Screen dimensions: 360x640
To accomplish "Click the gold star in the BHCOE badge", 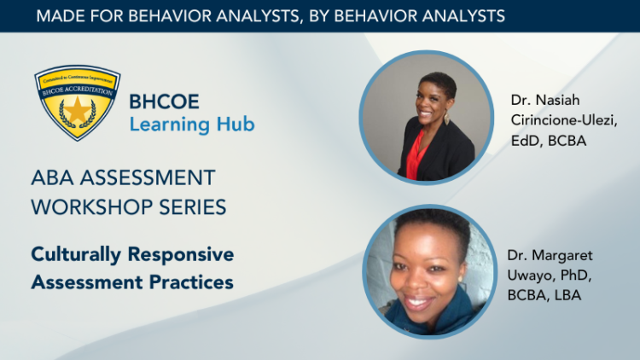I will tap(77, 109).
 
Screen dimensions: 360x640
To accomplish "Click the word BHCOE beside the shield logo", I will tap(164, 102).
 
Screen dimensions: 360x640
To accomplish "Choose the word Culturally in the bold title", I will tap(77, 254).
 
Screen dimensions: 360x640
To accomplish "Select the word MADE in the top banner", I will tap(61, 15).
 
